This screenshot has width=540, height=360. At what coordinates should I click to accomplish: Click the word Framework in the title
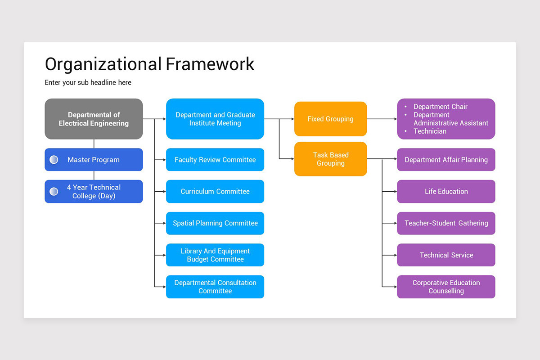pyautogui.click(x=210, y=64)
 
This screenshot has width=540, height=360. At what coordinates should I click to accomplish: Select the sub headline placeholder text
pyautogui.click(x=88, y=82)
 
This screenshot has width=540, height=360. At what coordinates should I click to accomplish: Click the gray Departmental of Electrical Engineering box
pyautogui.click(x=94, y=119)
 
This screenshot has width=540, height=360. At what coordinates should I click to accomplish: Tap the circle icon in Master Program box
pyautogui.click(x=54, y=160)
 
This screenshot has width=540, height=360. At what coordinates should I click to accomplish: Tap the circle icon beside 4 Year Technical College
pyautogui.click(x=54, y=192)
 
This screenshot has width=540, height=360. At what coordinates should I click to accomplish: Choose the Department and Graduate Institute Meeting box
pyautogui.click(x=215, y=119)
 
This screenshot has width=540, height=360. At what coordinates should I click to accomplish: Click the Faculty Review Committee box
pyautogui.click(x=215, y=160)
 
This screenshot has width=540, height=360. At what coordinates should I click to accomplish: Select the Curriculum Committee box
pyautogui.click(x=215, y=191)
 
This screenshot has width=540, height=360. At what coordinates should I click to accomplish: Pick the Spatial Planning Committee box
pyautogui.click(x=215, y=223)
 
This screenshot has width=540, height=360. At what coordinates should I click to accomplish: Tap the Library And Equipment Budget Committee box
pyautogui.click(x=215, y=255)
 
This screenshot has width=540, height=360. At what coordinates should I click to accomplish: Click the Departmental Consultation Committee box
pyautogui.click(x=215, y=287)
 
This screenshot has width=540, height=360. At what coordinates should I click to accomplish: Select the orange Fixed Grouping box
pyautogui.click(x=330, y=119)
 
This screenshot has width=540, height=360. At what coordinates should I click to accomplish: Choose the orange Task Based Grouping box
pyautogui.click(x=330, y=159)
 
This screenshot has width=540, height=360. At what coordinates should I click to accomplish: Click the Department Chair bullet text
pyautogui.click(x=440, y=107)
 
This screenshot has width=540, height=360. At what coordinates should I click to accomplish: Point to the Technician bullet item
pyautogui.click(x=430, y=131)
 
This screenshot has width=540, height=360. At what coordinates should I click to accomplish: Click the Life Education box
pyautogui.click(x=446, y=191)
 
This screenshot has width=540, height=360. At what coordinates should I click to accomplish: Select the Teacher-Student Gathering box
pyautogui.click(x=446, y=223)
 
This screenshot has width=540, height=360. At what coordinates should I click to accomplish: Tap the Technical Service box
pyautogui.click(x=446, y=255)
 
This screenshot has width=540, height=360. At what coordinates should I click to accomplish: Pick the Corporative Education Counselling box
pyautogui.click(x=446, y=287)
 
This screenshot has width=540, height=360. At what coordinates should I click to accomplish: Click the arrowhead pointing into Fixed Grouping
pyautogui.click(x=292, y=119)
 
